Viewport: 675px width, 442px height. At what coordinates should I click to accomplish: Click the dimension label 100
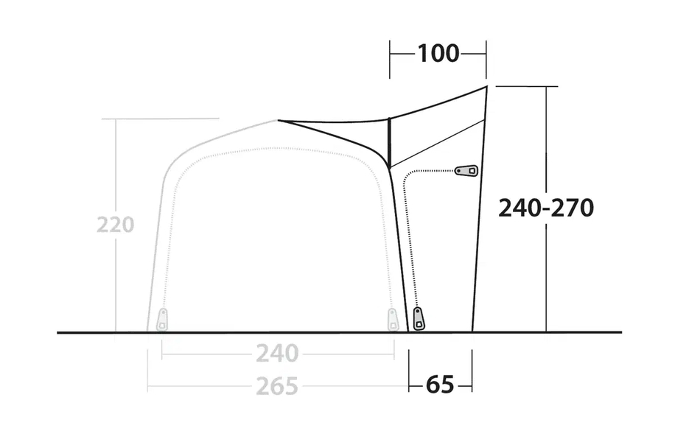coord(438,53)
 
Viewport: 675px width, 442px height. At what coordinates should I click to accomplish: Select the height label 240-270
coord(546,208)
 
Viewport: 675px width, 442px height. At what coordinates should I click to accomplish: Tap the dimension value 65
coord(440,385)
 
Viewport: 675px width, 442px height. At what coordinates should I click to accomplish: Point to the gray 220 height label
coord(115,224)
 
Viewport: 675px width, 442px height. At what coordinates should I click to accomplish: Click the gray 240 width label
coord(277,354)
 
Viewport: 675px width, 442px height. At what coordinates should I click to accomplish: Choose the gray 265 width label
coord(277,385)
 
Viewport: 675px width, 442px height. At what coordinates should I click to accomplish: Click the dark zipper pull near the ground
coord(419,320)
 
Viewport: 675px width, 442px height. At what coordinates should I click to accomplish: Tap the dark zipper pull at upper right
coord(466,171)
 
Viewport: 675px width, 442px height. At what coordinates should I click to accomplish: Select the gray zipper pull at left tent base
coord(162,320)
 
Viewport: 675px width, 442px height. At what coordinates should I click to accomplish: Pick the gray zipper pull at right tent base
coord(394,320)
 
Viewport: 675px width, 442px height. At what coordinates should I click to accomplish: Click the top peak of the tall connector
coord(487,87)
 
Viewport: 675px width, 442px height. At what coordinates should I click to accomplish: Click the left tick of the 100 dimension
coord(390,59)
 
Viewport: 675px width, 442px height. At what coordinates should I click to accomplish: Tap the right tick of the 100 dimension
coord(486,59)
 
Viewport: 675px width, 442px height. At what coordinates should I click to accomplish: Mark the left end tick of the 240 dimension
coord(162,354)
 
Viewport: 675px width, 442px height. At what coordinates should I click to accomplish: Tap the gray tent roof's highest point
coord(277,120)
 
